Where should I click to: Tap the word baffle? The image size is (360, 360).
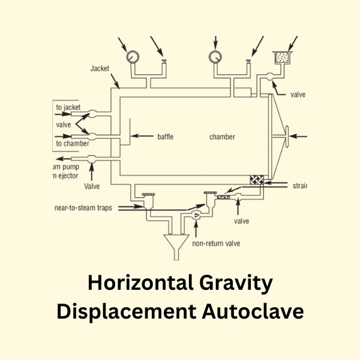point(165,137)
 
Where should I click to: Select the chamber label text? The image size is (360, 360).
point(222,137)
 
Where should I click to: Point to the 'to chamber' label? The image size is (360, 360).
point(73,143)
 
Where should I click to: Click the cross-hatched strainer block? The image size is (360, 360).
point(257,180)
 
